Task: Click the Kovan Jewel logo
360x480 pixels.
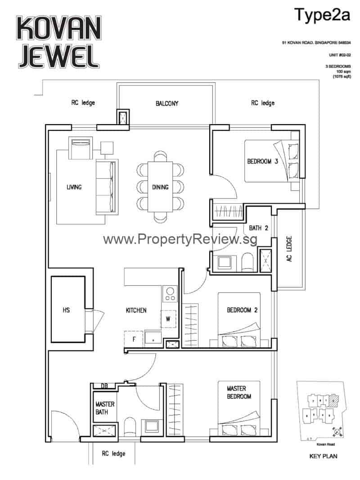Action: click(x=57, y=42)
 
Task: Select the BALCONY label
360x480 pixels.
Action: click(x=167, y=103)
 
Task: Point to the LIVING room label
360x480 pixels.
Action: click(x=74, y=187)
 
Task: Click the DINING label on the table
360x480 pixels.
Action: click(x=160, y=187)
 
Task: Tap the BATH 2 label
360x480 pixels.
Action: click(x=258, y=229)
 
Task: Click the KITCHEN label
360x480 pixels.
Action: click(x=136, y=310)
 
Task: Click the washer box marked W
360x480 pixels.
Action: click(x=167, y=319)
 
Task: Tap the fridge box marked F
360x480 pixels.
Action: click(x=134, y=339)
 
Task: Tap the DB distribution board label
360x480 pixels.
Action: click(x=104, y=386)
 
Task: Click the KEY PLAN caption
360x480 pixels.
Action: click(x=323, y=456)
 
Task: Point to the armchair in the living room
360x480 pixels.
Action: click(x=81, y=148)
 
